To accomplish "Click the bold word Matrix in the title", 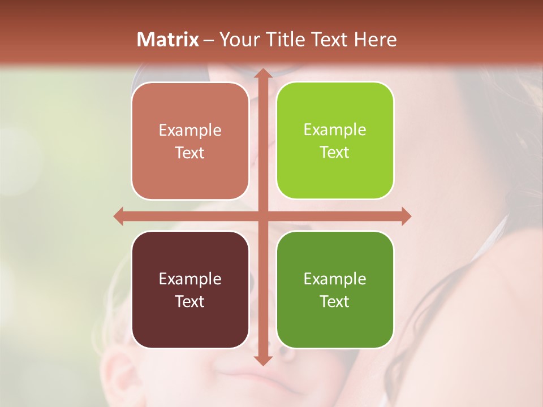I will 168,40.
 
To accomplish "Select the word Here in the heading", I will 376,40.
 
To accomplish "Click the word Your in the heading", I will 238,40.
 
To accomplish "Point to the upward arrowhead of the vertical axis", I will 262,73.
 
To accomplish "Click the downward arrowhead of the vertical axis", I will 262,360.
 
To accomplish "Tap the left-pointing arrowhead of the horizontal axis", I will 119,216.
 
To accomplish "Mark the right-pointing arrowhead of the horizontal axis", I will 406,216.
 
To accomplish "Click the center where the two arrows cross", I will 262,216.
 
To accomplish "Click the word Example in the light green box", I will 335,130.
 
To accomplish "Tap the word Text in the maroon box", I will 190,301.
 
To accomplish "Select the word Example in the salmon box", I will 190,131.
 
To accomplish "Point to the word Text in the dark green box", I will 335,301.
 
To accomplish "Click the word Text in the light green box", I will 335,153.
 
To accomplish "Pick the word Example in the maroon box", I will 190,279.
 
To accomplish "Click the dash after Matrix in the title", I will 209,40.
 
